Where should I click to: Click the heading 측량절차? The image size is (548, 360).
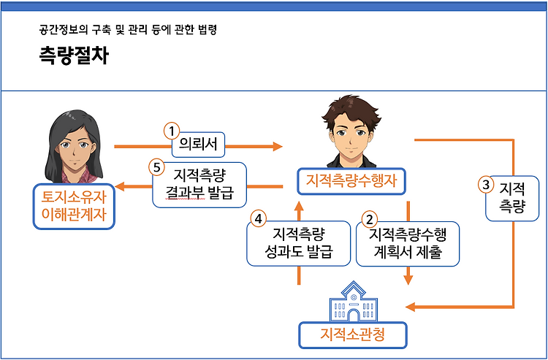point(74,55)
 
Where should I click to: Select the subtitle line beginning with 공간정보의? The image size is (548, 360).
point(128,30)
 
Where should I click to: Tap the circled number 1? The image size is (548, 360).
point(171,131)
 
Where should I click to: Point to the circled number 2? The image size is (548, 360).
point(370,220)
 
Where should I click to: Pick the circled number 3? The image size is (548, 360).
point(486,185)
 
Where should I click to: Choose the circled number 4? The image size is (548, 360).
point(258,219)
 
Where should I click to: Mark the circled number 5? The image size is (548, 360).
point(156,168)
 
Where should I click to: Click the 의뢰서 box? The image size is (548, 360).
point(198,145)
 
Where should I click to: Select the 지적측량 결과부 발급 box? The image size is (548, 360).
point(199,185)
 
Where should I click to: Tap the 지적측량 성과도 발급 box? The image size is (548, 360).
point(298,243)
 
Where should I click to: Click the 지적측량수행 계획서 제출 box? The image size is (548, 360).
point(408,244)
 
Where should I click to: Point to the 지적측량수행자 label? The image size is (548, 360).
point(351,181)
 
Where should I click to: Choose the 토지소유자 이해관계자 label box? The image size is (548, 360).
point(74,207)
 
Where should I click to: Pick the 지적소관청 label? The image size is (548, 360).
point(353,335)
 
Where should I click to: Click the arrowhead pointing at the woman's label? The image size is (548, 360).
point(120,186)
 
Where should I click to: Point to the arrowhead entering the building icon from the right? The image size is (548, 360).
point(411,307)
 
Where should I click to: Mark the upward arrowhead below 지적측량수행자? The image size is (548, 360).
point(299,206)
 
